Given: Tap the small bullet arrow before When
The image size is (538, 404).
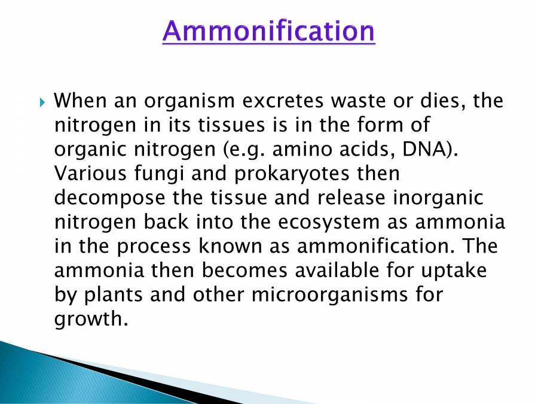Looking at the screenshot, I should pos(42,101).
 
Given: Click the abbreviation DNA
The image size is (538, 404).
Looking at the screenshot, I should pos(422,150).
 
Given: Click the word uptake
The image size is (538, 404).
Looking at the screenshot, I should pos(460,271).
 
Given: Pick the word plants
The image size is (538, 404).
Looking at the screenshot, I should pos(114,296).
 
